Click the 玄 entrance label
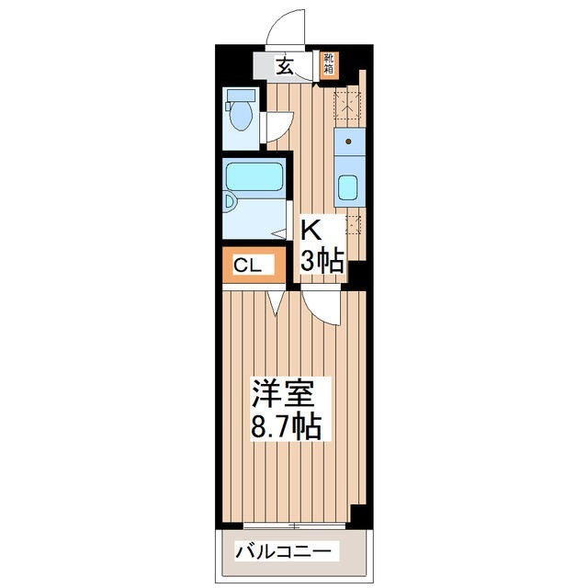tap(285, 66)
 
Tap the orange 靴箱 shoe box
tap(329, 65)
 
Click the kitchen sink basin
tap(349, 190)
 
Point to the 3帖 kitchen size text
tap(322, 261)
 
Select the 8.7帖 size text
tap(286, 426)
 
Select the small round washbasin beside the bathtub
tap(231, 203)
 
